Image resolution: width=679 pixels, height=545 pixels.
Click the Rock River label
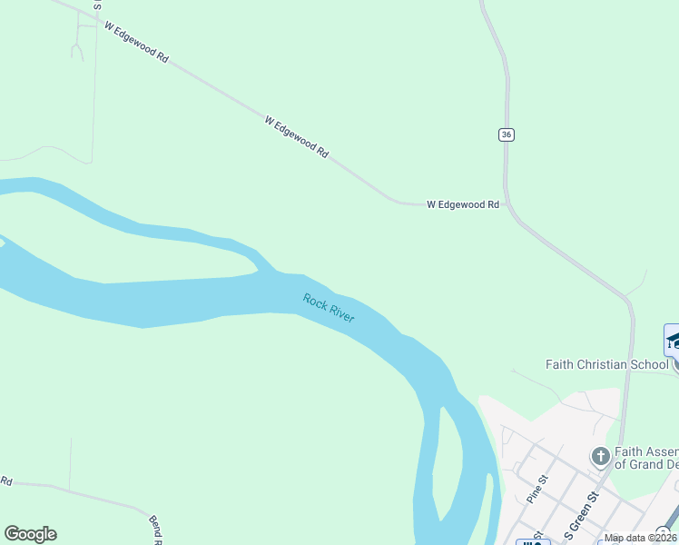[x=329, y=308]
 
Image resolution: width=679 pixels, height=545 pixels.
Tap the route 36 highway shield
[x=507, y=134]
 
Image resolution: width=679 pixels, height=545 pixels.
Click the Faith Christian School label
[x=606, y=364]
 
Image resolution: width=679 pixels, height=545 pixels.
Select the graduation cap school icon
[x=673, y=341]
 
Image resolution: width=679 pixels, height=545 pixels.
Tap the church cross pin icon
[x=600, y=456]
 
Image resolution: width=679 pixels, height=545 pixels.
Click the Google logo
[x=30, y=534]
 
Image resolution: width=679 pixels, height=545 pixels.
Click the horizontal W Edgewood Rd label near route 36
[x=463, y=205]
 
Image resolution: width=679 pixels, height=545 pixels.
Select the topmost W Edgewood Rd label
[x=136, y=43]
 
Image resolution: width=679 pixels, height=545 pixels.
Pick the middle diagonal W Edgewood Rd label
[x=296, y=137]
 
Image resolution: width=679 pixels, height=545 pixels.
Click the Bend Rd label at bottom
[x=155, y=530]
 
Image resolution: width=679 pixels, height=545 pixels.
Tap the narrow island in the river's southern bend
[x=442, y=463]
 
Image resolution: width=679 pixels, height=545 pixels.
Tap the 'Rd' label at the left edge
[x=5, y=480]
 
